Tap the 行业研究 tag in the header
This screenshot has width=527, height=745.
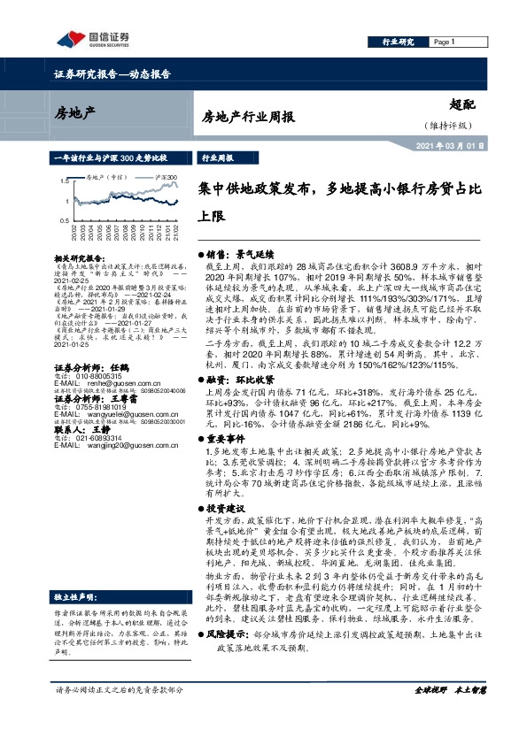398,42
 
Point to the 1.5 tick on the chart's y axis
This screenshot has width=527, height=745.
64,180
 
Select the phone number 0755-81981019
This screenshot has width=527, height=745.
96,382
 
